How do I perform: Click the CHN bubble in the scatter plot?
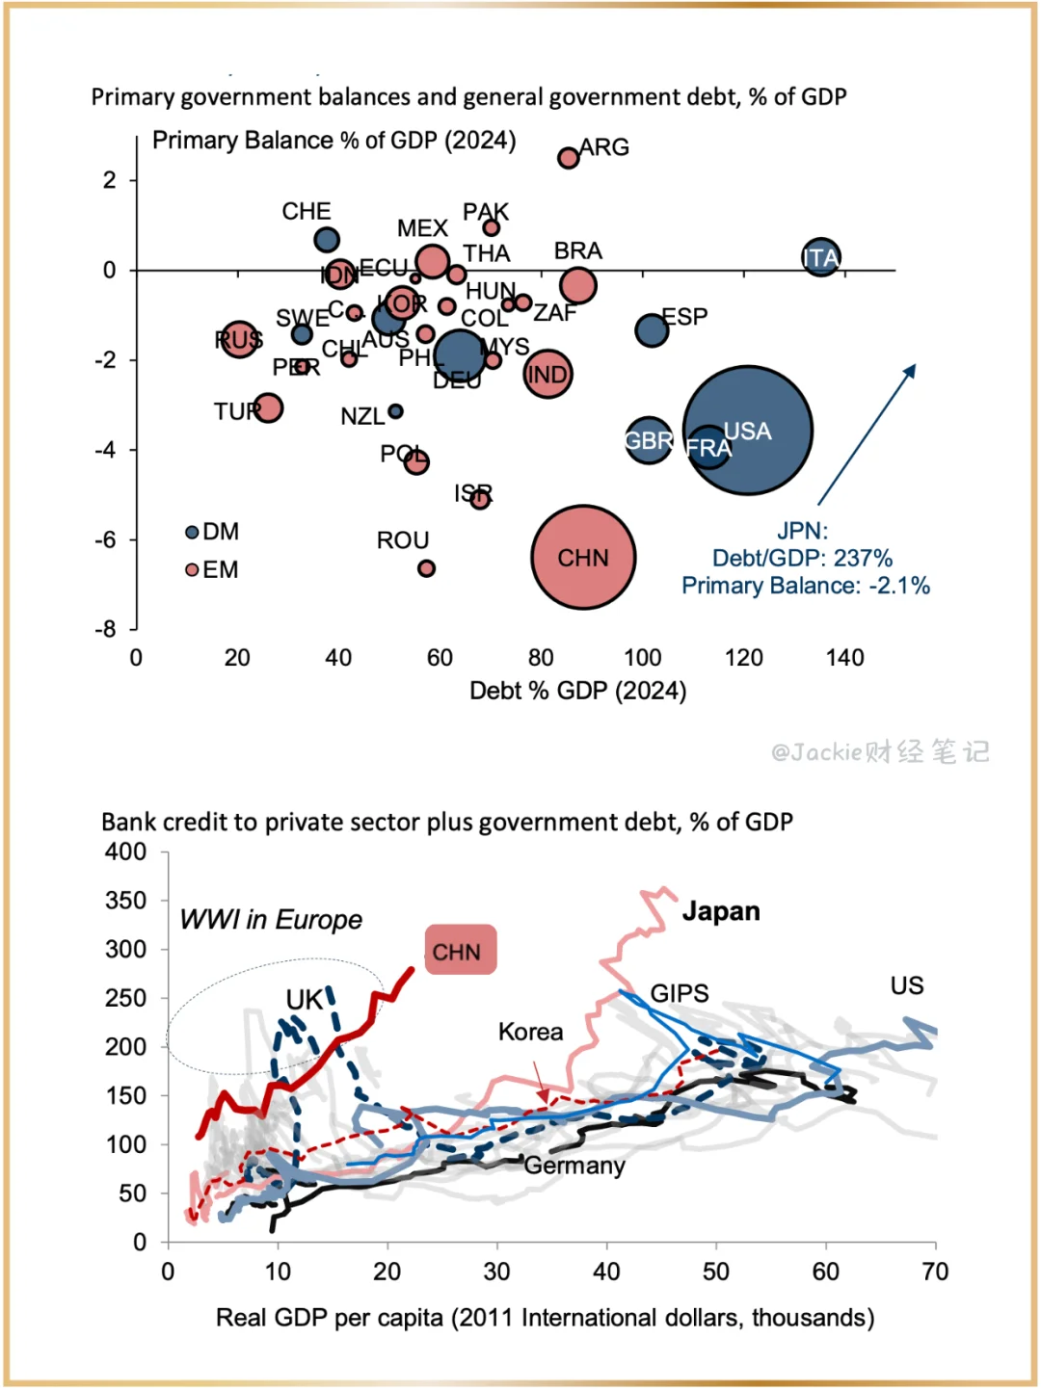tap(583, 557)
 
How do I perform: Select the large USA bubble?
tap(748, 430)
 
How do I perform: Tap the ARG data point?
tap(569, 157)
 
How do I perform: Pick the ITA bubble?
tap(820, 257)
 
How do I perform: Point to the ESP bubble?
tap(652, 329)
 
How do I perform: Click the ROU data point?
tap(426, 568)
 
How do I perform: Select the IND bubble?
tap(547, 374)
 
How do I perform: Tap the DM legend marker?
tap(192, 532)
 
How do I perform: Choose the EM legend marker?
tap(192, 570)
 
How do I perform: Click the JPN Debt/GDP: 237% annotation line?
tap(802, 558)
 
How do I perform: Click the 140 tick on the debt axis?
tap(844, 658)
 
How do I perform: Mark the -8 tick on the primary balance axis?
tap(105, 629)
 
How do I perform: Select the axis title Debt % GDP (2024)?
tap(577, 691)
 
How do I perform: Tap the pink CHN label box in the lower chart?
tap(460, 951)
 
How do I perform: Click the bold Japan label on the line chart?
tap(721, 911)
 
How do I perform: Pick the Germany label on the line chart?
tap(574, 1166)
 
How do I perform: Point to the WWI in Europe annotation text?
tap(271, 920)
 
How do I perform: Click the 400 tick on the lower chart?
tap(125, 852)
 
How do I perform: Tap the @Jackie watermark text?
tap(880, 751)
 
